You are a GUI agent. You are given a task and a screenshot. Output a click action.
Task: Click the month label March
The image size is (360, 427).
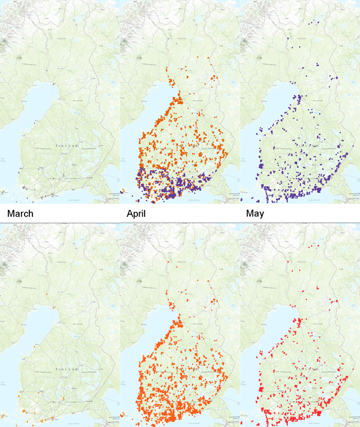pyautogui.click(x=16, y=214)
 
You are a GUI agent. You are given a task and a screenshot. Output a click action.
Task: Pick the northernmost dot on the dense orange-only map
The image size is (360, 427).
pyautogui.click(x=169, y=262)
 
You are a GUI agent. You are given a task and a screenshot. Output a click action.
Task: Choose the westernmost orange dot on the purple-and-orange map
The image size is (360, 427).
pyautogui.click(x=122, y=191)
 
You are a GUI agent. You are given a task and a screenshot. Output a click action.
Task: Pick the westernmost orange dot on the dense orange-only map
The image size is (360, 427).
pyautogui.click(x=122, y=414)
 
